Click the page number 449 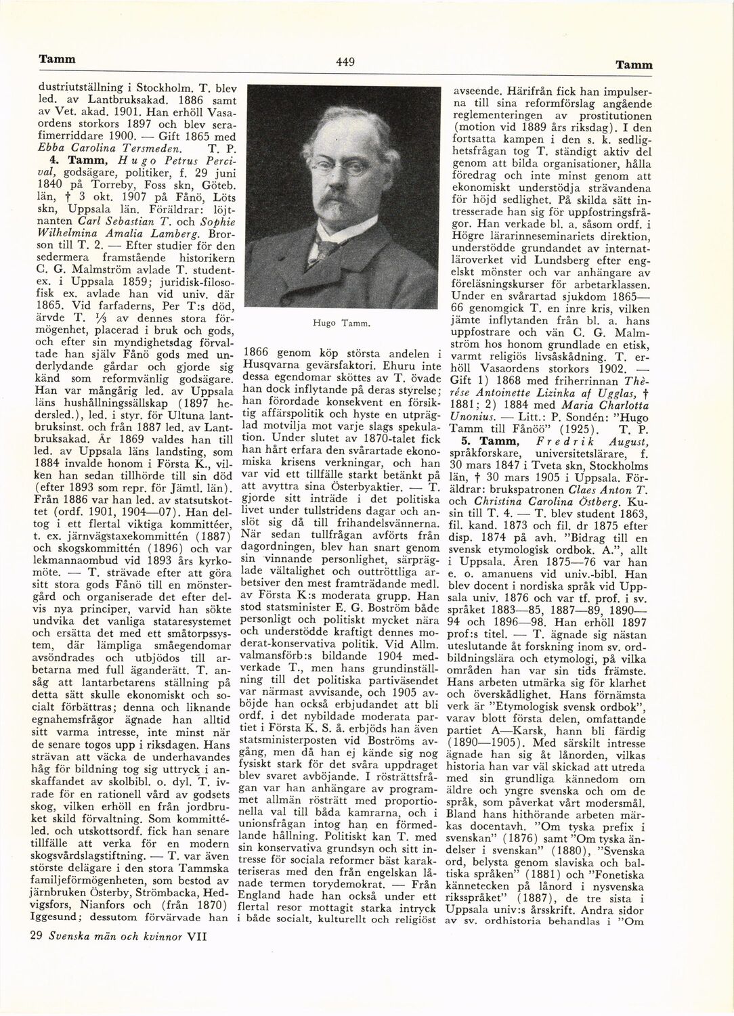(x=345, y=63)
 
